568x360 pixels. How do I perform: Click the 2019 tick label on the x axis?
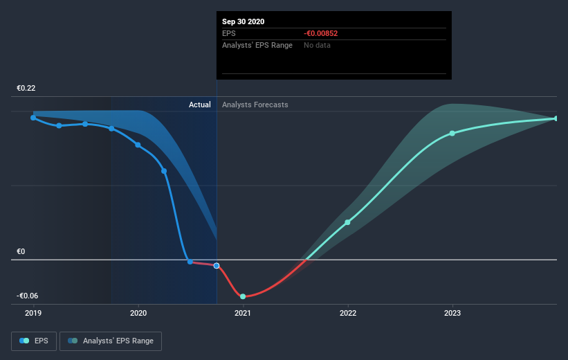pyautogui.click(x=33, y=313)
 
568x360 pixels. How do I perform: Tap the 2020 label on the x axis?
pyautogui.click(x=138, y=313)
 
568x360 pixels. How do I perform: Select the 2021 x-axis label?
pyautogui.click(x=243, y=313)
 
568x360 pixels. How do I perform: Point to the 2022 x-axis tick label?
pyautogui.click(x=348, y=313)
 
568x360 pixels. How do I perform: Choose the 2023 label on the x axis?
pyautogui.click(x=452, y=313)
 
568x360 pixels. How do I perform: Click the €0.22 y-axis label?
pyautogui.click(x=26, y=88)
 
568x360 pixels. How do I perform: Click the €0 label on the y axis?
pyautogui.click(x=21, y=251)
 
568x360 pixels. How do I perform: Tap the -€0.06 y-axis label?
pyautogui.click(x=28, y=296)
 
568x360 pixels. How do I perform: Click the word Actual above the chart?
pyautogui.click(x=200, y=105)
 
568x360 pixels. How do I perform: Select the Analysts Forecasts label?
pyautogui.click(x=255, y=105)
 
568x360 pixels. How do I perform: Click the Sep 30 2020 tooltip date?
pyautogui.click(x=244, y=21)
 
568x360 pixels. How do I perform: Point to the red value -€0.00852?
pyautogui.click(x=320, y=33)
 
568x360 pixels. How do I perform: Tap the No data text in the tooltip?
pyautogui.click(x=317, y=45)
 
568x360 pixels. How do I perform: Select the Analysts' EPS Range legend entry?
pyautogui.click(x=111, y=341)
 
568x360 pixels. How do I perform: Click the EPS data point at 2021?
pyautogui.click(x=243, y=296)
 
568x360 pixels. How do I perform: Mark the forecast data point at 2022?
pyautogui.click(x=347, y=222)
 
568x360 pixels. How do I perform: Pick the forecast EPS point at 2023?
pyautogui.click(x=452, y=133)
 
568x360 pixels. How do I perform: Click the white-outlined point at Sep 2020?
pyautogui.click(x=217, y=266)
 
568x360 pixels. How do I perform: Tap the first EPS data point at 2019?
pyautogui.click(x=33, y=118)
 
